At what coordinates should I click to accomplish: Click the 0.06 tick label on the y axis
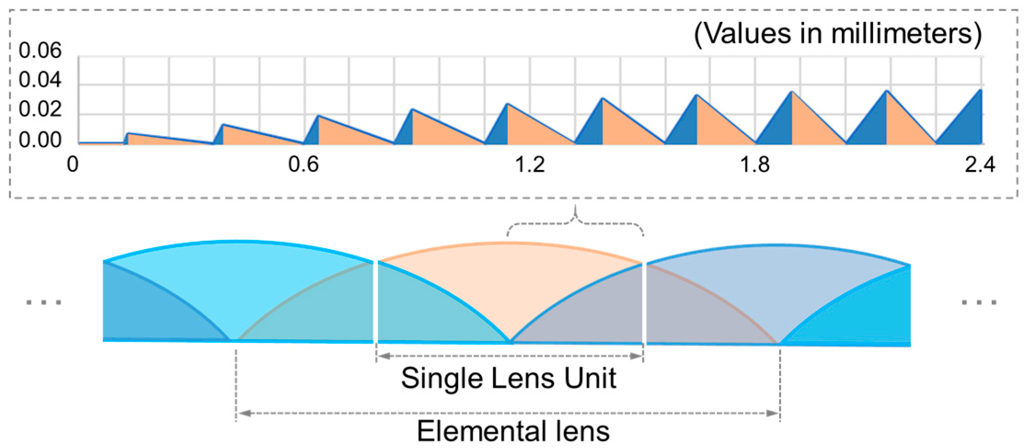coord(40,51)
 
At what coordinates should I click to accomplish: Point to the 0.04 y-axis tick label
coord(40,81)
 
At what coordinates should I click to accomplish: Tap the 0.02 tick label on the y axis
coord(40,111)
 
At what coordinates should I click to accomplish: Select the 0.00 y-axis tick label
coord(40,140)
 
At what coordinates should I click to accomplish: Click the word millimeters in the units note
coord(902,34)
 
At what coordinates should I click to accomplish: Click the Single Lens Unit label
coord(508,378)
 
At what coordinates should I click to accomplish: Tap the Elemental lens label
coord(513,431)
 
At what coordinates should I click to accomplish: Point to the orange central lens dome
coord(508,285)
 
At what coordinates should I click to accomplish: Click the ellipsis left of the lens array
coord(44,302)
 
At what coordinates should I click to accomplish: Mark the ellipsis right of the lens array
coord(979,302)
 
